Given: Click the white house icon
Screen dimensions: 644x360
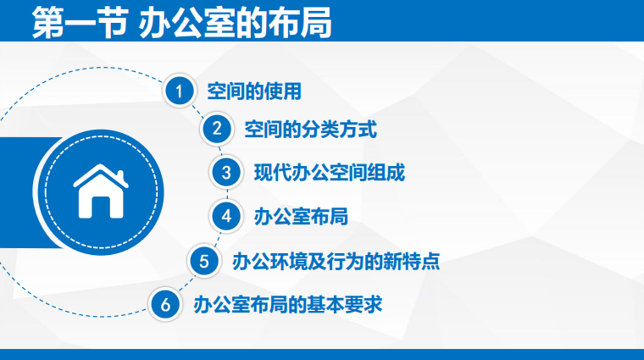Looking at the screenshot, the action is pos(101,191).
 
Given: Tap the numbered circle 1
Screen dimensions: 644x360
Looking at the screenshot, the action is pos(179,91).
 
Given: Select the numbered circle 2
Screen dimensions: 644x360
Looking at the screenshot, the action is pos(216,129).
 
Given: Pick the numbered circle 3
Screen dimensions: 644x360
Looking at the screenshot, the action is pos(226,173).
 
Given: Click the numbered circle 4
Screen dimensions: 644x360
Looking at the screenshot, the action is pos(226,216).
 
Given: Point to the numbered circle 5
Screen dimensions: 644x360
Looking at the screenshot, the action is pos(204,261).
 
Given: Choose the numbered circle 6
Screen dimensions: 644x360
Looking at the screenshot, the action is pos(165,305).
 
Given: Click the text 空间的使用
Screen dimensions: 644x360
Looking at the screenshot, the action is pos(254,91).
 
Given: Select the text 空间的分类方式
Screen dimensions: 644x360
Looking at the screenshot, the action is pos(310,130).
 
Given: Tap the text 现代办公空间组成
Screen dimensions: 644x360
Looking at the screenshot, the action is pos(330,173).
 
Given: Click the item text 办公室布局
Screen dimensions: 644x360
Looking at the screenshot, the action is pos(301,216).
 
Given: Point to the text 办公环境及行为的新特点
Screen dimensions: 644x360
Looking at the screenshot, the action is pos(336,262).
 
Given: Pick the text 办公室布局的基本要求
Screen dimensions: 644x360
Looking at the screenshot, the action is pos(288,305).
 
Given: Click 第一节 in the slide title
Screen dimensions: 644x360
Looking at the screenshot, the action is pos(80,23).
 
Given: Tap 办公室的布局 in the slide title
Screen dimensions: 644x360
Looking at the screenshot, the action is pos(235,23).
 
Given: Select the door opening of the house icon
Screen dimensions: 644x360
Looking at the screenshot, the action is pos(101,207).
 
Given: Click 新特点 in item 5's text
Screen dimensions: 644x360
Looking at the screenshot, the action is pos(412,262).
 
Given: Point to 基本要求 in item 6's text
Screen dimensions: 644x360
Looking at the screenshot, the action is pos(345,305).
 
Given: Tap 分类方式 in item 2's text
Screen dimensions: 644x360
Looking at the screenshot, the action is pos(339,130).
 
